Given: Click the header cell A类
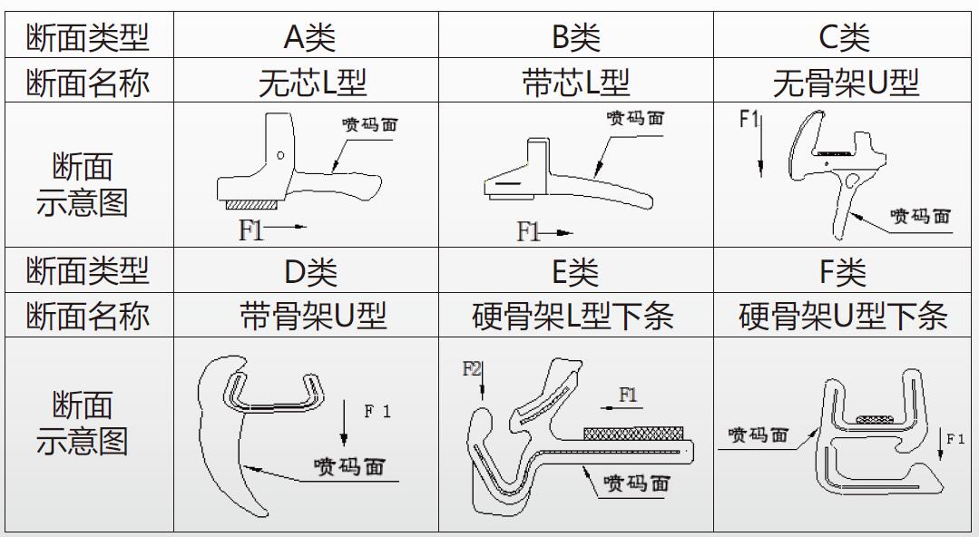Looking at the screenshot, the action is tap(309, 37).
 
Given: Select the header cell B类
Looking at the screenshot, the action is tap(575, 37).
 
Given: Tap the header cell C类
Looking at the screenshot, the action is tap(844, 37).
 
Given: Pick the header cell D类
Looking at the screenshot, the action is tap(310, 271).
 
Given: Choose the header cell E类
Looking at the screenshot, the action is tap(575, 271).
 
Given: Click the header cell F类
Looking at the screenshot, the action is tap(843, 271).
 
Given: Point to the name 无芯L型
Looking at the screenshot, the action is tap(312, 83).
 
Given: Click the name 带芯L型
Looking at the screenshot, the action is tap(575, 83).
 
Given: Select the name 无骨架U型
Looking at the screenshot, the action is tap(846, 83).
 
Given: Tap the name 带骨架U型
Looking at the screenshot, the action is tap(313, 316).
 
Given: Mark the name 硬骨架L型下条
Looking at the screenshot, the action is tap(573, 316).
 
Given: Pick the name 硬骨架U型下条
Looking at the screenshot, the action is tap(843, 316).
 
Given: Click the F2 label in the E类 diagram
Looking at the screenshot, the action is tap(472, 369).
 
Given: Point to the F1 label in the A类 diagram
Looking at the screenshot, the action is tap(251, 230).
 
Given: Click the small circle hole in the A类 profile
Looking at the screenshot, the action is tap(280, 155).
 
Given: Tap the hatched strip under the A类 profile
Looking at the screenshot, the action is tap(251, 205).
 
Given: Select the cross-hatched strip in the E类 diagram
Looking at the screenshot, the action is tap(633, 434).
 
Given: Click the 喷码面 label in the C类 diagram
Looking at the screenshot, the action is tap(920, 217).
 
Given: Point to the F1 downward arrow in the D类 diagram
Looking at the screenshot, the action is tap(343, 423).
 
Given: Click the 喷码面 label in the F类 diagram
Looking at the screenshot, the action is tap(758, 434).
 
